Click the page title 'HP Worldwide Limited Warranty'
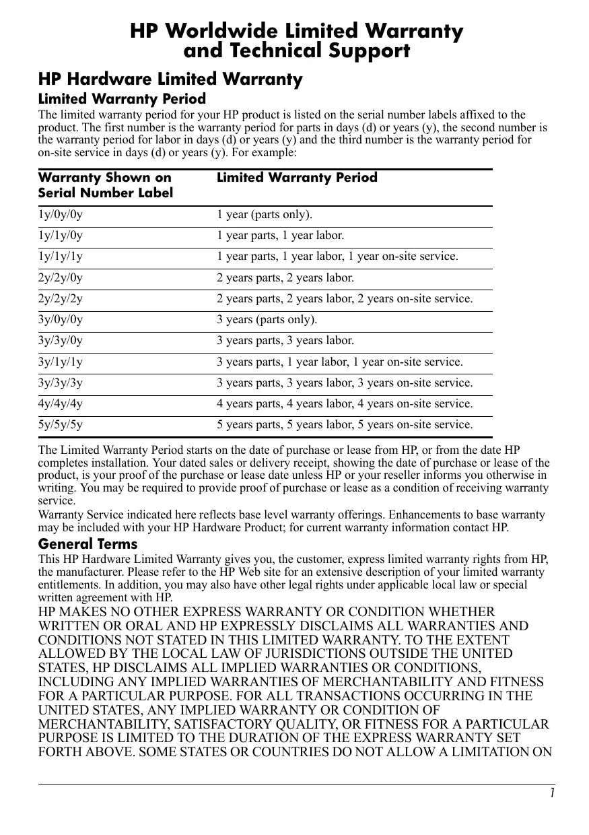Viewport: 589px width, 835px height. [296, 31]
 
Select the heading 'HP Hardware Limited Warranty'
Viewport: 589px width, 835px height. [170, 79]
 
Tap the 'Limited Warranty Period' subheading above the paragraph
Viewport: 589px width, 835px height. [122, 100]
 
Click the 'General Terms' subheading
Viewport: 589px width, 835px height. [88, 543]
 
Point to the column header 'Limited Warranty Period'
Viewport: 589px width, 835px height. [297, 178]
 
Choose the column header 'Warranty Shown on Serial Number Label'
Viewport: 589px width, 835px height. [106, 185]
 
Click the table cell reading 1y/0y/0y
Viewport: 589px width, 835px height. [61, 215]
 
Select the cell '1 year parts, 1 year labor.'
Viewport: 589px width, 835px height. [280, 236]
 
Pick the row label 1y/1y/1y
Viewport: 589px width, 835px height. [61, 257]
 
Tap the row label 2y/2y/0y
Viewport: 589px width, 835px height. [61, 278]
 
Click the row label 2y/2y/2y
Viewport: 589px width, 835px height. [61, 299]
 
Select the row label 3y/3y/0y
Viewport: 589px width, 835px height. [61, 341]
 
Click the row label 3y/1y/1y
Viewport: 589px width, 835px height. [61, 362]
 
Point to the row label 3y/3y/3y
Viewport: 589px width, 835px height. [61, 383]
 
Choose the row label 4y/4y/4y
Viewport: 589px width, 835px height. [61, 404]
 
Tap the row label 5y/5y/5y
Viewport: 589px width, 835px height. [61, 425]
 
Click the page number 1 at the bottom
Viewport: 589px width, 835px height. [551, 793]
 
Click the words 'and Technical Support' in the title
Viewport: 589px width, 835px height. [296, 51]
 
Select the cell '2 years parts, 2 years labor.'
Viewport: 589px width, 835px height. [285, 278]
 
